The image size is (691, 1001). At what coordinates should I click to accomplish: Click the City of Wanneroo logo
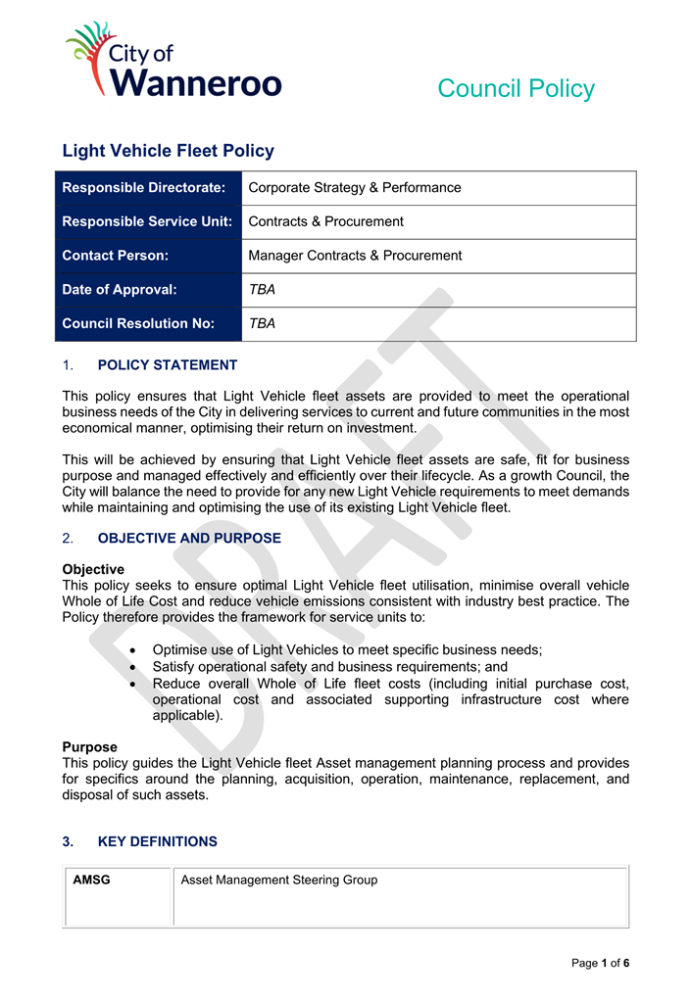pos(173,61)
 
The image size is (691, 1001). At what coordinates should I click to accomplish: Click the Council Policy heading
pos(516,88)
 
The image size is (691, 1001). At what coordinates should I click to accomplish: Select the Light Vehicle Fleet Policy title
pos(168,151)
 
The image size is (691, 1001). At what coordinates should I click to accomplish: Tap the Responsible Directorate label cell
pos(144,188)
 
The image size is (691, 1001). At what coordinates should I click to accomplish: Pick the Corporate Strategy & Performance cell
pos(355,188)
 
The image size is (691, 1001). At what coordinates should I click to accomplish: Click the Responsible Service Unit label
pos(147,221)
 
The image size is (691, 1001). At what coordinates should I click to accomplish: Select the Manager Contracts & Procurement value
pos(355,256)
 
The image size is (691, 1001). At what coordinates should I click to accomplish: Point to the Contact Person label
pos(116,256)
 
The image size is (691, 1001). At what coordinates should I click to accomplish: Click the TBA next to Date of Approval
pos(262,290)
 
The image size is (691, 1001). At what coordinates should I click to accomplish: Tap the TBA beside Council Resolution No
pos(262,323)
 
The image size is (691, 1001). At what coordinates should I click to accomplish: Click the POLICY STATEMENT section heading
pos(168,365)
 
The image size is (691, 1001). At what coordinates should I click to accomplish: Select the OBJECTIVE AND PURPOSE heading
pos(189,539)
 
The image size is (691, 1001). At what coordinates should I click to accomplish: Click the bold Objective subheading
pos(93,569)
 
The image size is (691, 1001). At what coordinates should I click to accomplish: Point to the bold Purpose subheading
pos(89,747)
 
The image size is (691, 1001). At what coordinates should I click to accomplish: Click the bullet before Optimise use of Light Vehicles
pos(133,650)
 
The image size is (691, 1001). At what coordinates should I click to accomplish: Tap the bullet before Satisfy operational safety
pos(133,667)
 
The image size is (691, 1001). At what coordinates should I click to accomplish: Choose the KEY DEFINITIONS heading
pos(158,841)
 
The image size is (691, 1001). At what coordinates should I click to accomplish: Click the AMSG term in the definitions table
pos(92,880)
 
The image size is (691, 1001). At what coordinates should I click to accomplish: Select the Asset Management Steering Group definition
pos(279,880)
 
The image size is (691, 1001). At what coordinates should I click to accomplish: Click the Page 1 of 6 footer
pos(600,963)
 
